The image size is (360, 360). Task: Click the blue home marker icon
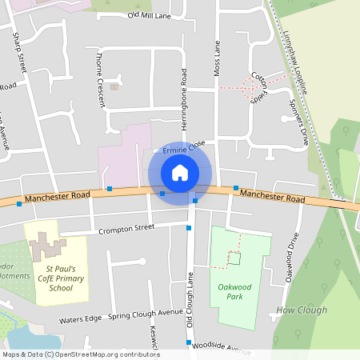[180, 172]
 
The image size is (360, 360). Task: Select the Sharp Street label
[19, 53]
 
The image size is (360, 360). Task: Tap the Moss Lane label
[216, 60]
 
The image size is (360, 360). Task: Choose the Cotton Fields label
[258, 88]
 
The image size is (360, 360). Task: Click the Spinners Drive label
[298, 123]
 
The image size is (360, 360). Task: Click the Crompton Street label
[126, 229]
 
